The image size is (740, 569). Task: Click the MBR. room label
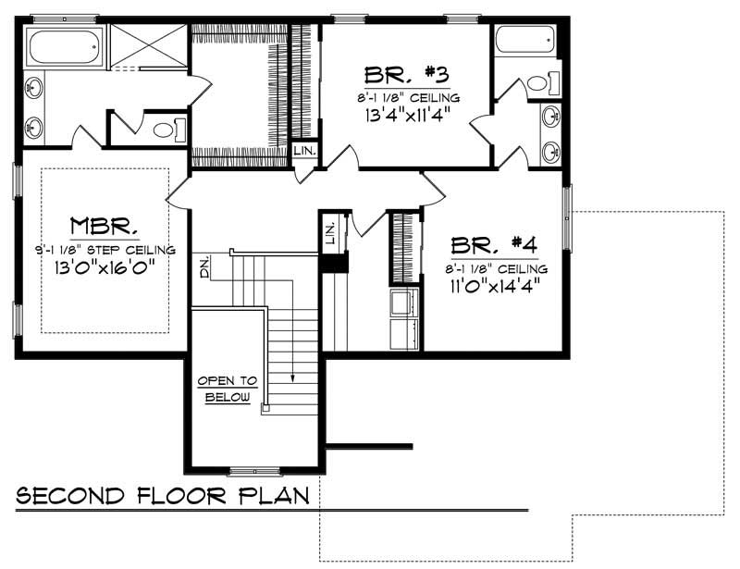pyautogui.click(x=105, y=227)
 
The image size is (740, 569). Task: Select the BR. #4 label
pyautogui.click(x=494, y=247)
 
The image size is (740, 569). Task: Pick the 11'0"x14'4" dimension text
pyautogui.click(x=494, y=286)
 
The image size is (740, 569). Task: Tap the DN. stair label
pyautogui.click(x=203, y=268)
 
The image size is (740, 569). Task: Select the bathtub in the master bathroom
pyautogui.click(x=64, y=46)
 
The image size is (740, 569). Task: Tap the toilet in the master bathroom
pyautogui.click(x=167, y=130)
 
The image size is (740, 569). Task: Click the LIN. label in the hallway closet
pyautogui.click(x=331, y=235)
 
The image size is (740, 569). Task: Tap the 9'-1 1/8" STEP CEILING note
pyautogui.click(x=105, y=249)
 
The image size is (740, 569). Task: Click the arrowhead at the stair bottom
pyautogui.click(x=292, y=378)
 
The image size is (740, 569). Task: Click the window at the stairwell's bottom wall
pyautogui.click(x=254, y=471)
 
